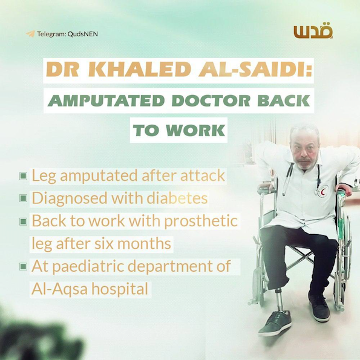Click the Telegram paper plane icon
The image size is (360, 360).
(30, 34)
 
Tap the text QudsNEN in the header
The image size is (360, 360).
(83, 34)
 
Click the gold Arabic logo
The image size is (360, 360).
(313, 31)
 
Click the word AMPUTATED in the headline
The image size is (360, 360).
(106, 100)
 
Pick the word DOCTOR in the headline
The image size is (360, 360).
(211, 100)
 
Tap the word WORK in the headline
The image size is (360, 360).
(195, 130)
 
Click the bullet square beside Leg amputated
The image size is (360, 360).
(23, 176)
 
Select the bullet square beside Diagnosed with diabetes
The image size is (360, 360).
(23, 198)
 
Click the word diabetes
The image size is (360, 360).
(177, 198)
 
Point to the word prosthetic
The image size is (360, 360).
(201, 221)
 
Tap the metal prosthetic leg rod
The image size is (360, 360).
(280, 300)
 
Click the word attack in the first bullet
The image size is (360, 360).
(203, 175)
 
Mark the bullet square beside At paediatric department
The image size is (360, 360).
(23, 267)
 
